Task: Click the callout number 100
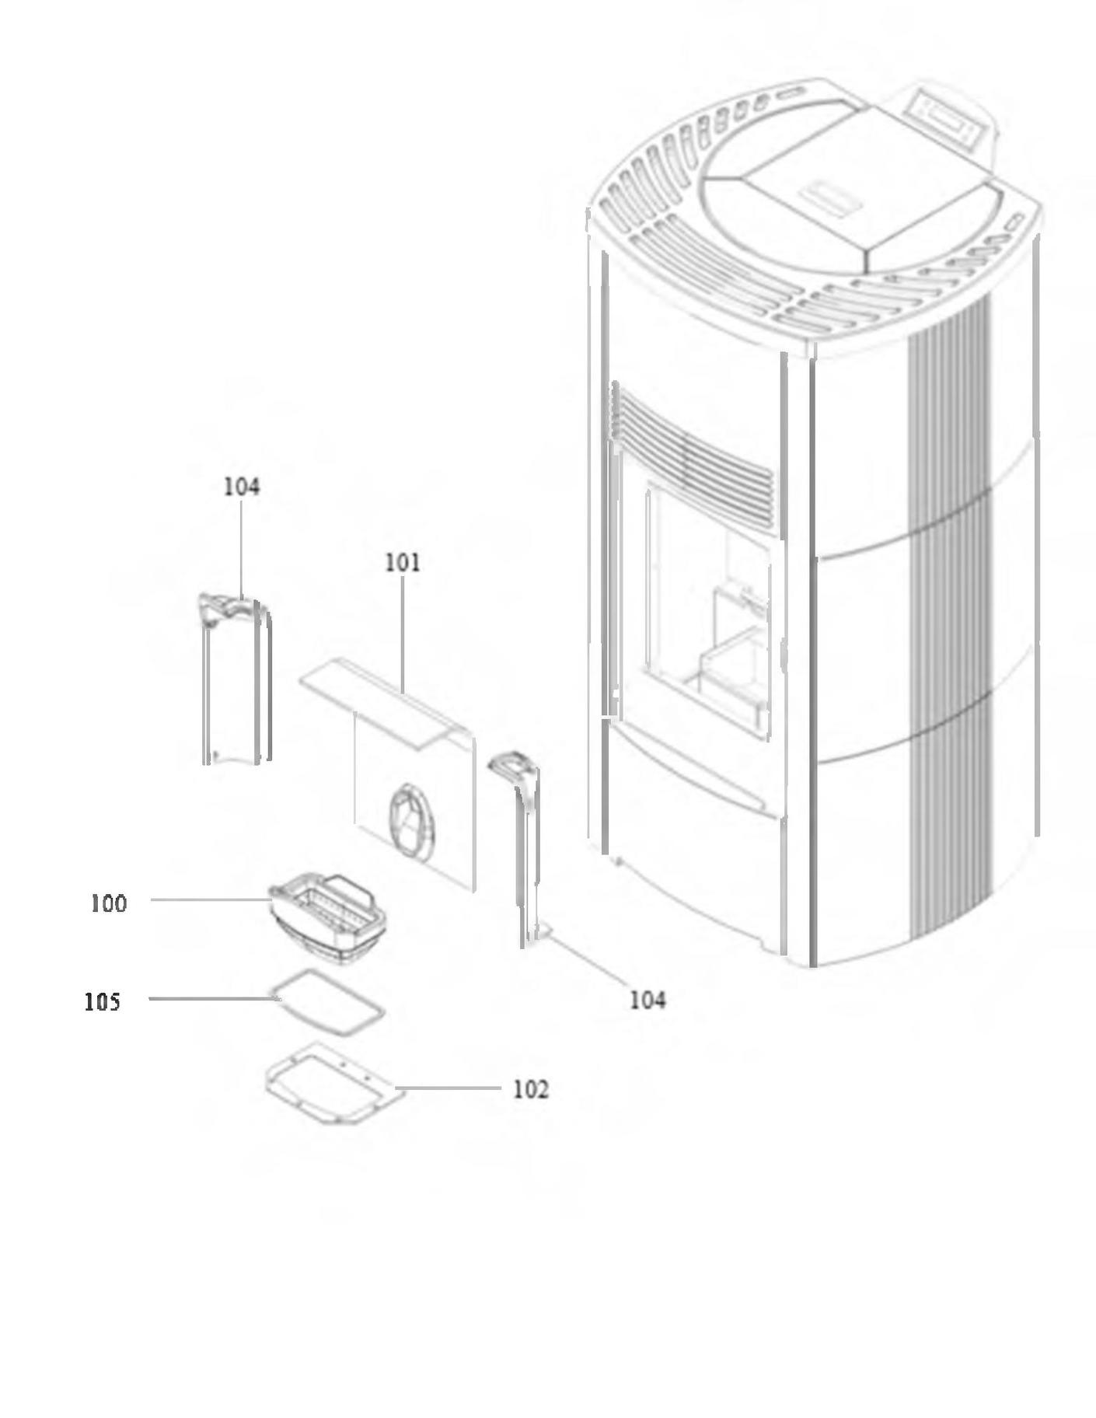tap(108, 903)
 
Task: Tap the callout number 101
tap(403, 562)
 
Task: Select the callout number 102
tap(530, 1090)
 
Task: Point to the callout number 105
tap(103, 1002)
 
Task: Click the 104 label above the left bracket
tap(242, 487)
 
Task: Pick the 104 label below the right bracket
tap(647, 1001)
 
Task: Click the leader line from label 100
tap(210, 900)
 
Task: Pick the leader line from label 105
tap(210, 998)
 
